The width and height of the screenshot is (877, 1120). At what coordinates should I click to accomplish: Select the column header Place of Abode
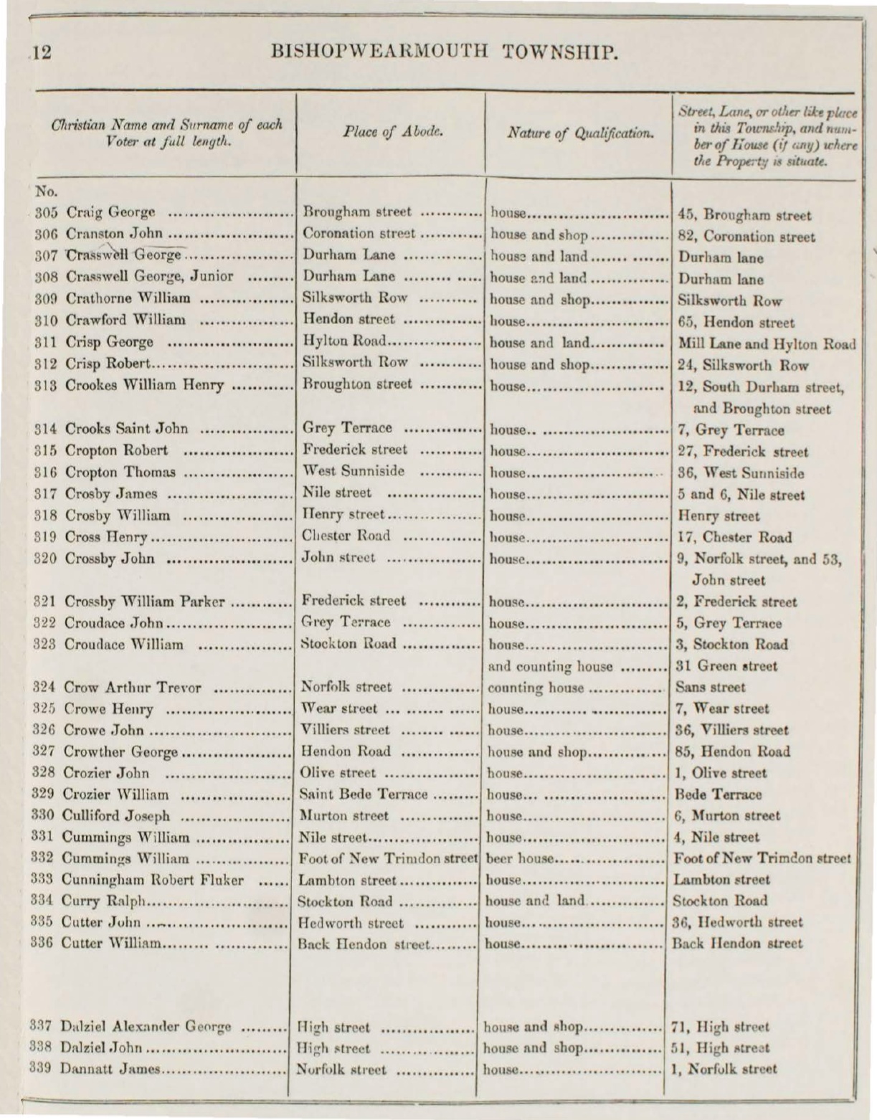pos(392,132)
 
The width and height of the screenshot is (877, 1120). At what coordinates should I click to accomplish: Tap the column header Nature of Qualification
pos(580,133)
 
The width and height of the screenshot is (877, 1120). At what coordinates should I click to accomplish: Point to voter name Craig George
pos(110,213)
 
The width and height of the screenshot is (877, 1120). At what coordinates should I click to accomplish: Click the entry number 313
pos(47,385)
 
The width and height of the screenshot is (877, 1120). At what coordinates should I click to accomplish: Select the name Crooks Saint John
pos(127,429)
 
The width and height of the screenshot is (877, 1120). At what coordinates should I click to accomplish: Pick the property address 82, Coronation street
pos(746,236)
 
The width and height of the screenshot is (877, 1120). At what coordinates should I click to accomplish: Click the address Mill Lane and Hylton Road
pos(767,343)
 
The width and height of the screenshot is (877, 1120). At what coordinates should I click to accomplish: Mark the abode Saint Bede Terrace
pos(363,794)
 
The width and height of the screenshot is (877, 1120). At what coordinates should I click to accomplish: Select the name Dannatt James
pos(110,1069)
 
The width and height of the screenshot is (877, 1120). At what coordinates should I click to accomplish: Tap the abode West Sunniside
pos(354,471)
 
